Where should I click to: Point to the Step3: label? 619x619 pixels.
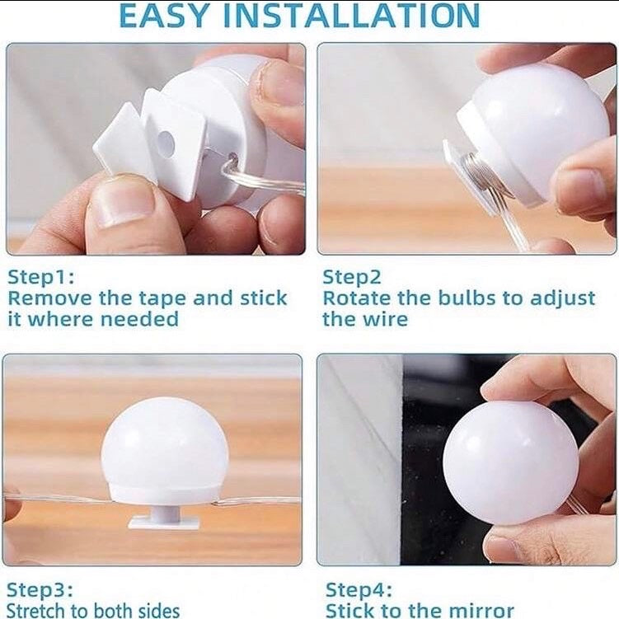(40, 589)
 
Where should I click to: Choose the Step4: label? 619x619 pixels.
(359, 589)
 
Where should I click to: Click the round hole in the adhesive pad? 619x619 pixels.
(165, 139)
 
